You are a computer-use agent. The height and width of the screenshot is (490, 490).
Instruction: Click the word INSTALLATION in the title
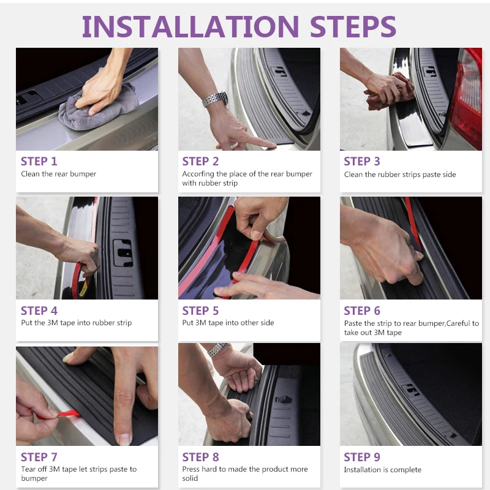coord(190,26)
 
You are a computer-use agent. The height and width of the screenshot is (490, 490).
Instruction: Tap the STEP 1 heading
coord(39,161)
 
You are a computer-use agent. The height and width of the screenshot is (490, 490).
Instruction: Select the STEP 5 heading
coord(200,311)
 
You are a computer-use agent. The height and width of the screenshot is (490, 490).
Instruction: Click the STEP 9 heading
coord(362,457)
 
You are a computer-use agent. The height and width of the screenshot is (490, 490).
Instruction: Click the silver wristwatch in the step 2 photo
coord(215,99)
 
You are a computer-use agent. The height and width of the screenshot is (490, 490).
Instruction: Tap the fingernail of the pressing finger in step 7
coord(124,439)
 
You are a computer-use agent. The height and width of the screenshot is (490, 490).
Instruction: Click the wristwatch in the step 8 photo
coord(217,350)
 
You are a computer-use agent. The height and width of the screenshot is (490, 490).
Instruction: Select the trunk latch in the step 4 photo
coord(123,252)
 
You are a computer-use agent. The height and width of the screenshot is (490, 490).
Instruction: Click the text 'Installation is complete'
coord(382,470)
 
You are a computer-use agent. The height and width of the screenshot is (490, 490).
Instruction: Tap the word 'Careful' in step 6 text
coord(458,323)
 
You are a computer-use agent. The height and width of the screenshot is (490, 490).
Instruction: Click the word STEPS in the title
coord(353,26)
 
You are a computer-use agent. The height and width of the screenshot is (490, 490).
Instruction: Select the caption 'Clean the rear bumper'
coord(58,174)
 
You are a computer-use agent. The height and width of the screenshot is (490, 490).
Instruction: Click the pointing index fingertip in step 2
coord(271,145)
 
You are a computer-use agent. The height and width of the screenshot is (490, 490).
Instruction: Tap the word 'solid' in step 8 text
coord(190,478)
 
